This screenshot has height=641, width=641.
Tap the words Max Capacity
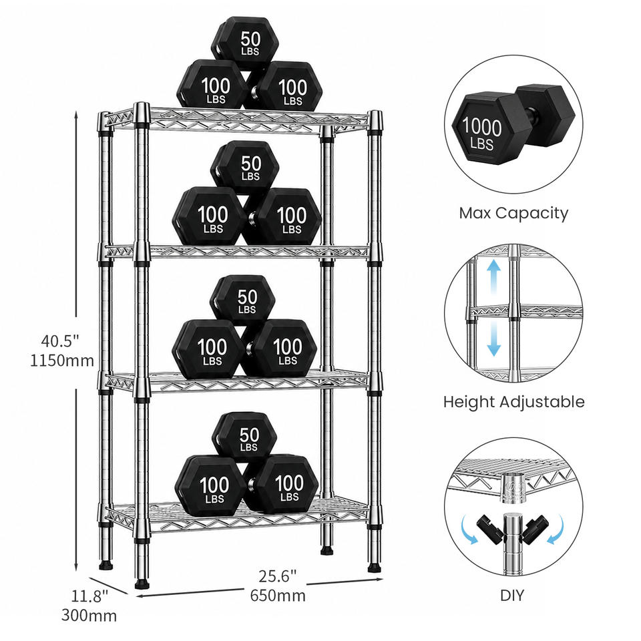click(513, 214)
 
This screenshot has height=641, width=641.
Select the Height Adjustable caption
click(514, 402)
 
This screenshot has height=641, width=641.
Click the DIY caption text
click(512, 595)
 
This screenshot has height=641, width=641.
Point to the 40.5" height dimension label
click(59, 341)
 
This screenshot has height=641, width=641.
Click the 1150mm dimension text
click(62, 361)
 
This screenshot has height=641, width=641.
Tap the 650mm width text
click(278, 596)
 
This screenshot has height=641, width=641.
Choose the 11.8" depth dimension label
click(90, 596)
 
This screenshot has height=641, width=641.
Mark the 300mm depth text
click(89, 616)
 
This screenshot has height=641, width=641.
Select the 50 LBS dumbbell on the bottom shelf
click(244, 437)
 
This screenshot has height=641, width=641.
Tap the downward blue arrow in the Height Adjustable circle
click(494, 338)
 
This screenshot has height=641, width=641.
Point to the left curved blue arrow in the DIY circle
click(469, 529)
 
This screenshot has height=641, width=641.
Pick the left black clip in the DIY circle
click(489, 529)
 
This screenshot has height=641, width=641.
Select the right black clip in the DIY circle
click(536, 529)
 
